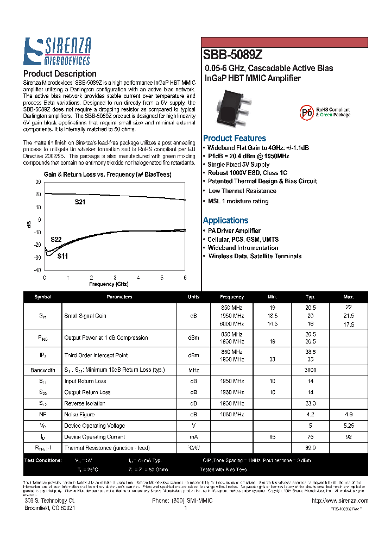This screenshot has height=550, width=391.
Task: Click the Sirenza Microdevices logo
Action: [x=58, y=52]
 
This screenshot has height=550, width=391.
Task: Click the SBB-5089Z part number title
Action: [x=232, y=55]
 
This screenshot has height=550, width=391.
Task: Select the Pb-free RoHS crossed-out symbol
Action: [x=307, y=112]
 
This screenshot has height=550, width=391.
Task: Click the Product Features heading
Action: [x=234, y=138]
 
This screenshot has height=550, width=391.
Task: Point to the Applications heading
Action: [x=225, y=220]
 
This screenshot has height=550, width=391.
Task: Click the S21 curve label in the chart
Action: [x=80, y=202]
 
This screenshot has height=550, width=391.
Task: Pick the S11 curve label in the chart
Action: [x=62, y=255]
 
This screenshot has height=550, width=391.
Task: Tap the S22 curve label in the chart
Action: [x=56, y=240]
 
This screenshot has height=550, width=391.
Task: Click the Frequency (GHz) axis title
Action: [x=109, y=284]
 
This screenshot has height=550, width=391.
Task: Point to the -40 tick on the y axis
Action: [x=37, y=270]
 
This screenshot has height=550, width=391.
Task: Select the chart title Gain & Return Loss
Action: [x=107, y=174]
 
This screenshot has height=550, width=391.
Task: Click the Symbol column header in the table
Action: [x=42, y=297]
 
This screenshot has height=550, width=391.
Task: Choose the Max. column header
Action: [x=348, y=297]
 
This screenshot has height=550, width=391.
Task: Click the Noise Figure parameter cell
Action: [x=79, y=415]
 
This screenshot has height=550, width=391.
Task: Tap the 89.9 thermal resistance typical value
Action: [x=311, y=448]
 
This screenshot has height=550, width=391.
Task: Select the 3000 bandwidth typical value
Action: [x=311, y=370]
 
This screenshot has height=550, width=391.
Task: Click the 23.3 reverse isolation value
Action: [x=311, y=403]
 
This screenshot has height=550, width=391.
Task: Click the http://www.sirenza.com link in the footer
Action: [x=340, y=501]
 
